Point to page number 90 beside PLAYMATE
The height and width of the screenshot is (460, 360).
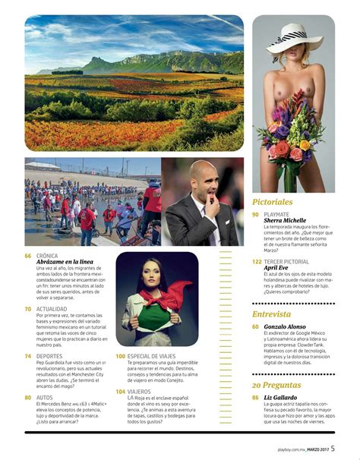[256, 215]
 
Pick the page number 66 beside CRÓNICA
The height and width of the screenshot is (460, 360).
[28, 256]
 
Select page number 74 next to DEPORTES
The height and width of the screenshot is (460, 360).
[28, 355]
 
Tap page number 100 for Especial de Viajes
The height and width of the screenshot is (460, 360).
[121, 355]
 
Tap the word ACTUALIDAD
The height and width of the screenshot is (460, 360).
[53, 309]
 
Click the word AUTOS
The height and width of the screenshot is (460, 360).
[45, 397]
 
